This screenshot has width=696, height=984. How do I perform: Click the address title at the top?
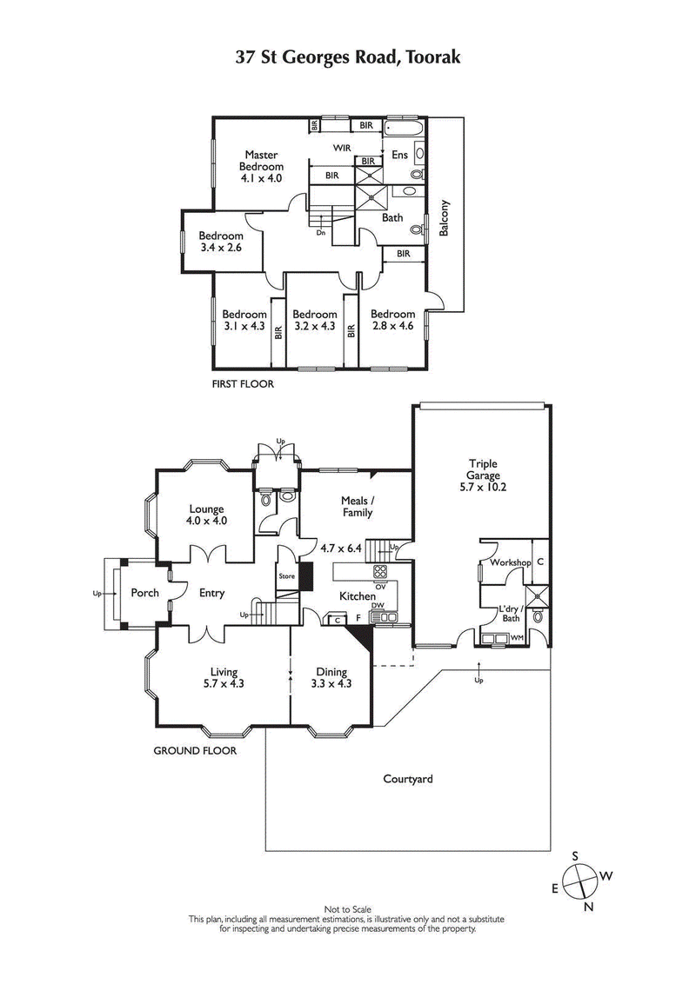pyautogui.click(x=348, y=57)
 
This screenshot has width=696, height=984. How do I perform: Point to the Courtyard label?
pyautogui.click(x=408, y=779)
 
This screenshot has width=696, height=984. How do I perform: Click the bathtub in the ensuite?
pyautogui.click(x=403, y=129)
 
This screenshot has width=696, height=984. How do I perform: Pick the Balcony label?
pyautogui.click(x=445, y=219)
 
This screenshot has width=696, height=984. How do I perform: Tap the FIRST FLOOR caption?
pyautogui.click(x=243, y=383)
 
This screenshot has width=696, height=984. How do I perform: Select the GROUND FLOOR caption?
pyautogui.click(x=195, y=749)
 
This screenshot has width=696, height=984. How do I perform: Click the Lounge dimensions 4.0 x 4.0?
pyautogui.click(x=206, y=522)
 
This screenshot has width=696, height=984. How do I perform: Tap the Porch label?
pyautogui.click(x=144, y=594)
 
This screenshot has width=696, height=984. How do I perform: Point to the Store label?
pyautogui.click(x=287, y=576)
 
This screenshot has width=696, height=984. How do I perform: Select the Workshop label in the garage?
pyautogui.click(x=510, y=563)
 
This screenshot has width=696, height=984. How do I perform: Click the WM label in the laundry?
pyautogui.click(x=517, y=639)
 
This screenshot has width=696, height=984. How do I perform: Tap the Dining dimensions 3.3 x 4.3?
pyautogui.click(x=331, y=685)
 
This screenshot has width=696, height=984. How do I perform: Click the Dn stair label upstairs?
pyautogui.click(x=321, y=233)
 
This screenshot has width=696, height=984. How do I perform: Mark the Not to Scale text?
pyautogui.click(x=347, y=909)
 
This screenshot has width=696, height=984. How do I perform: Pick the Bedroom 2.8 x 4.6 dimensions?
pyautogui.click(x=392, y=327)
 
